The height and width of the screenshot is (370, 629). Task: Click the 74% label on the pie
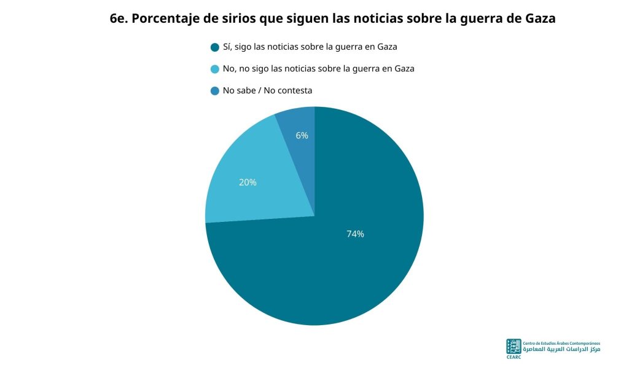coord(355,234)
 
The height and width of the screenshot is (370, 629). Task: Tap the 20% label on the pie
coord(248,183)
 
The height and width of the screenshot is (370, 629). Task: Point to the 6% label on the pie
coord(302,136)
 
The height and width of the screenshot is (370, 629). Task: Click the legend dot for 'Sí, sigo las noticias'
coord(215,47)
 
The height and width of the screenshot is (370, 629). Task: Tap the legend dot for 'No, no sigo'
coord(215,69)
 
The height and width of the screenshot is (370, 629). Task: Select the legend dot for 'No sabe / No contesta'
coord(215,91)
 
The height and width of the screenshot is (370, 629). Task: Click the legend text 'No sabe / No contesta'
coord(267,91)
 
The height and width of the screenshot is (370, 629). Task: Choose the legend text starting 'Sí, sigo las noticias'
coord(310,47)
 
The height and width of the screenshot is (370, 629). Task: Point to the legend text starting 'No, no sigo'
coord(319,69)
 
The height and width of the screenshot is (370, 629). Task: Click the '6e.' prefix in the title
coord(119,18)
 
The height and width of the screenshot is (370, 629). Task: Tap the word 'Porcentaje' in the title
coord(165,19)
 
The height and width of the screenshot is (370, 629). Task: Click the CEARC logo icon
coord(514,346)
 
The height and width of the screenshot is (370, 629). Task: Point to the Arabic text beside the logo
coord(561,350)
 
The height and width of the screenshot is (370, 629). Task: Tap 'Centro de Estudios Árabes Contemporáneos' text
coord(561,344)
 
